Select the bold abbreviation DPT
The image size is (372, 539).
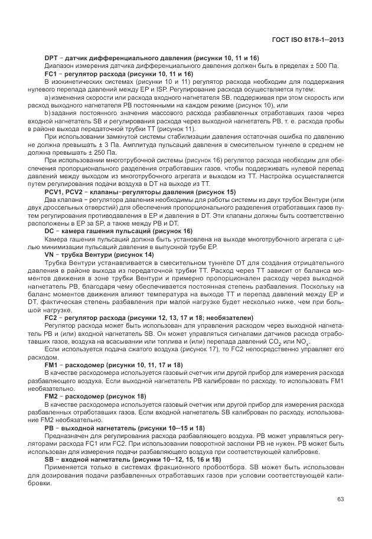51,58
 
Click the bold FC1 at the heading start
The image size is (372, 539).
51,74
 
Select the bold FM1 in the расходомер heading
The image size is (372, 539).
51,365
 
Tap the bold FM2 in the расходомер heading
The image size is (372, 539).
51,396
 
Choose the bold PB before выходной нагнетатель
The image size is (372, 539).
50,427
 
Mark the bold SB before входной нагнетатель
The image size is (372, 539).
50,458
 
